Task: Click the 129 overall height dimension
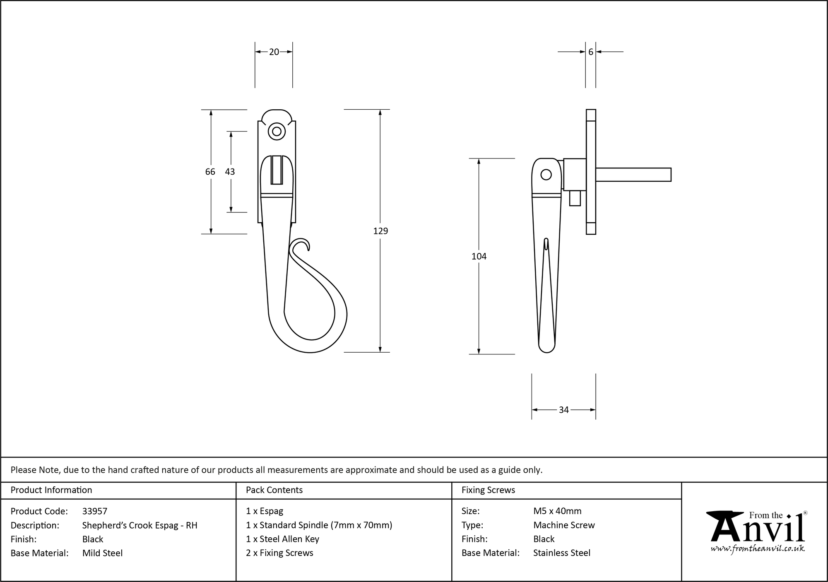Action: point(380,231)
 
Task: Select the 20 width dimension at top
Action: point(274,52)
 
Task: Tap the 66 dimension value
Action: point(210,172)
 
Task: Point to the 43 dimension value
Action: point(230,172)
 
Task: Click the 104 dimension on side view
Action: point(479,257)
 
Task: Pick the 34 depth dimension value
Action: point(563,410)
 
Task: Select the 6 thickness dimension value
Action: point(590,52)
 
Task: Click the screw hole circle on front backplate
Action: point(277,132)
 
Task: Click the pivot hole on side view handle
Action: point(546,175)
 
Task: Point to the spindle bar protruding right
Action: point(633,175)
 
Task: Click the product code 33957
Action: point(95,511)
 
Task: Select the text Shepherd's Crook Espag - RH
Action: point(140,525)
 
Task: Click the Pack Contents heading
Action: point(274,490)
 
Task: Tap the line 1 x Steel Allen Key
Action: point(282,539)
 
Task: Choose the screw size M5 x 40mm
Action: point(557,511)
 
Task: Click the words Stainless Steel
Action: point(562,553)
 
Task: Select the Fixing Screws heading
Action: point(488,490)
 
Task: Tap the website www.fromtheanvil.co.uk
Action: point(757,548)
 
